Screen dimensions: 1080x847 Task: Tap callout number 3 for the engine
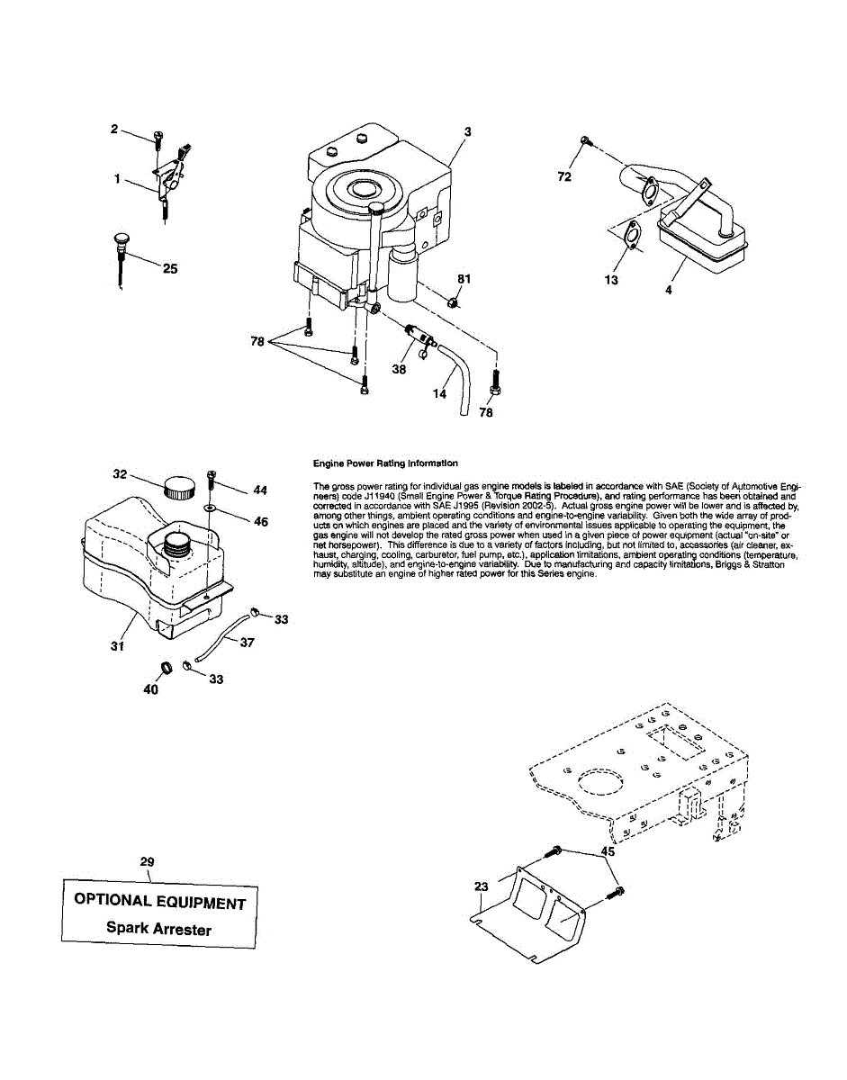pyautogui.click(x=467, y=131)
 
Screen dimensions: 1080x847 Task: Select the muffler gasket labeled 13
pyautogui.click(x=633, y=234)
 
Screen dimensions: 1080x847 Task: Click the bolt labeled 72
pyautogui.click(x=586, y=140)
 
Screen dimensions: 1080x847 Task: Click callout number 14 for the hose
pyautogui.click(x=439, y=393)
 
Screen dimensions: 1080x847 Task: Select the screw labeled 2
pyautogui.click(x=158, y=138)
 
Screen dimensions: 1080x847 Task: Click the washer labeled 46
pyautogui.click(x=210, y=508)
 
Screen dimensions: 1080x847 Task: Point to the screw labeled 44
pyautogui.click(x=212, y=474)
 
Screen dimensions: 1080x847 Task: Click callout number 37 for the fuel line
pyautogui.click(x=246, y=643)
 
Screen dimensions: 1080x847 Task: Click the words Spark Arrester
pyautogui.click(x=158, y=928)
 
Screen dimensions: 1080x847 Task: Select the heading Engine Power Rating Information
pyautogui.click(x=385, y=463)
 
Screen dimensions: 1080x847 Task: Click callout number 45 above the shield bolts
pyautogui.click(x=608, y=850)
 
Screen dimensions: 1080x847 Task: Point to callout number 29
pyautogui.click(x=148, y=861)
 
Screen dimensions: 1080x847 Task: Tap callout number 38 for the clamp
pyautogui.click(x=399, y=368)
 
